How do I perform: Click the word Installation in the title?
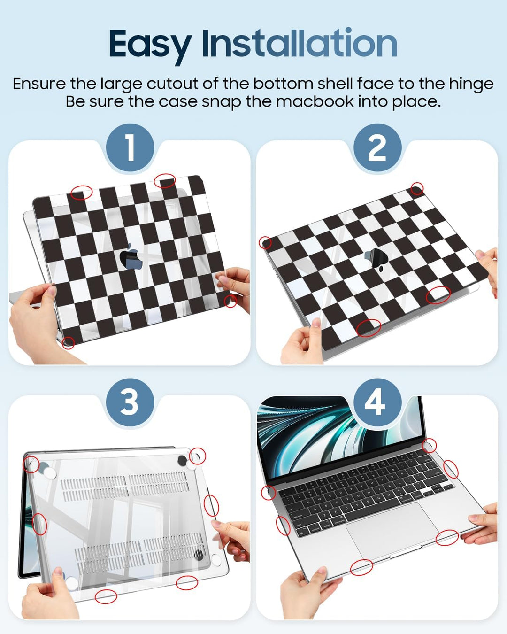point(300,42)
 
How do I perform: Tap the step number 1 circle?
point(130,147)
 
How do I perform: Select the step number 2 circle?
point(377,147)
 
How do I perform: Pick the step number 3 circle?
point(130,402)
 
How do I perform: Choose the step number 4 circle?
point(377,402)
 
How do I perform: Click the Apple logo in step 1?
point(129,256)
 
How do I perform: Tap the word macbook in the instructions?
point(315,101)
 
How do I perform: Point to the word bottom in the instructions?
point(283,84)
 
